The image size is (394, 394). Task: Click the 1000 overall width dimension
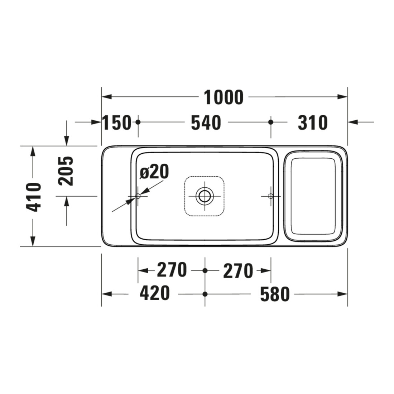[x=224, y=97]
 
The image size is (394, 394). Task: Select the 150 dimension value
[x=117, y=122]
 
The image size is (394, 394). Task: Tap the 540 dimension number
[x=206, y=122]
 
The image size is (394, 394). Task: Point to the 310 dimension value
[x=313, y=122]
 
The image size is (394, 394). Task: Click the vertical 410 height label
[x=34, y=197]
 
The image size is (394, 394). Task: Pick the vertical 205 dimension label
[x=66, y=171]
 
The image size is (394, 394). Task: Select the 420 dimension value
[x=155, y=293]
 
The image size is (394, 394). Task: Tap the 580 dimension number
[x=275, y=294]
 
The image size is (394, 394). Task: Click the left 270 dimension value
[x=172, y=270]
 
